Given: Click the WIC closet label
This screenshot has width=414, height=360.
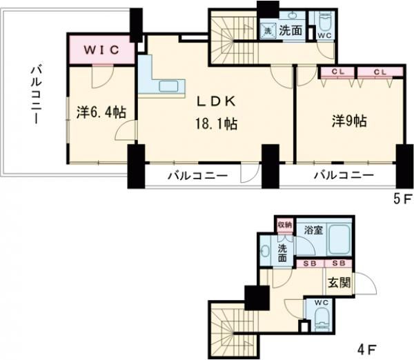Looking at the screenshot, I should [103, 50].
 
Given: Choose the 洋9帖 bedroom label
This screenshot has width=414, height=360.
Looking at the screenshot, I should [348, 120].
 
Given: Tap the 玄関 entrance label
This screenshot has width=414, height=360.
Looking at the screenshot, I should [338, 283].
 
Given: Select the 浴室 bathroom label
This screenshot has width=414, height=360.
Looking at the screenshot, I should [313, 230].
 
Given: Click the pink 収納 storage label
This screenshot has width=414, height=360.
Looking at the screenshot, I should [285, 225].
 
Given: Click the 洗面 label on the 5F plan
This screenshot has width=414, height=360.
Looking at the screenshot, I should [290, 30].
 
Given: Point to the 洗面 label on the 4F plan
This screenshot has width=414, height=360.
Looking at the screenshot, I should [284, 252].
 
